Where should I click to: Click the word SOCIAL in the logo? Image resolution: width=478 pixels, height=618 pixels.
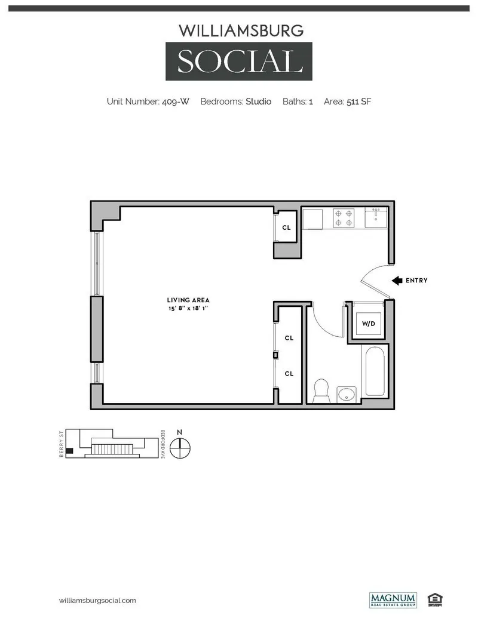(238, 61)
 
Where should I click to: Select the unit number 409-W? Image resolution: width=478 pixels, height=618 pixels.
(176, 102)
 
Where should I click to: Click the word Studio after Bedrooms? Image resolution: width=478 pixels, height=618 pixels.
(258, 102)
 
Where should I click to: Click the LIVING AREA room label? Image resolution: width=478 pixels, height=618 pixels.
(188, 300)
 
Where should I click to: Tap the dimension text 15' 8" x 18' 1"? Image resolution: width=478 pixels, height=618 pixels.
(188, 308)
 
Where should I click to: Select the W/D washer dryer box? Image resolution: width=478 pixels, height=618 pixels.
(369, 323)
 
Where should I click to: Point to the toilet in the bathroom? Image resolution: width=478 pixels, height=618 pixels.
(322, 389)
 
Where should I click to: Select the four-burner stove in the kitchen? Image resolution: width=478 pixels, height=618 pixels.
(343, 218)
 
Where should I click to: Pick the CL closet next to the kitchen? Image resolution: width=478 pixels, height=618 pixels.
(286, 227)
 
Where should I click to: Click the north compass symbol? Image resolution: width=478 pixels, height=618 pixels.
(180, 447)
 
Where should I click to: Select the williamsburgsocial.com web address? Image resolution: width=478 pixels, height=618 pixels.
(97, 600)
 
